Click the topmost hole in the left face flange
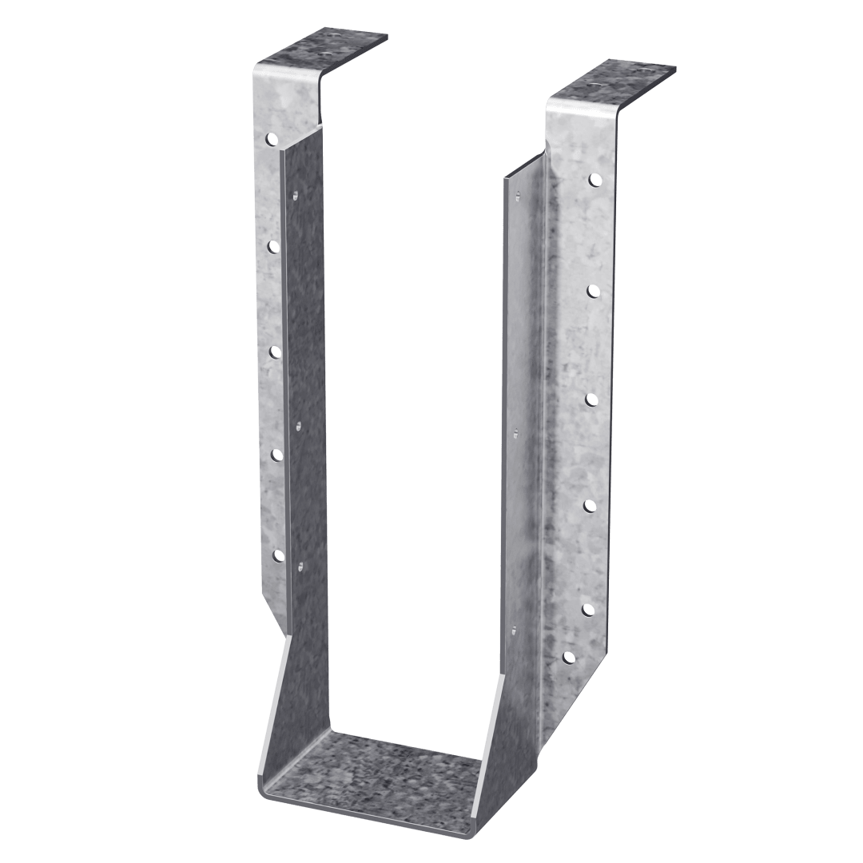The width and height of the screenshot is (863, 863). [272, 139]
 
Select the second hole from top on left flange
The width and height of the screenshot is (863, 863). [272, 246]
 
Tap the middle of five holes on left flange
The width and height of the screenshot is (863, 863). [274, 351]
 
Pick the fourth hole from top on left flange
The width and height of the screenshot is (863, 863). [276, 455]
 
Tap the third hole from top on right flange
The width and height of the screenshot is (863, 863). [593, 397]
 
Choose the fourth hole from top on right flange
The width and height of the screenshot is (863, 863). [591, 504]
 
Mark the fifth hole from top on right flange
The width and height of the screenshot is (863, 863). [589, 610]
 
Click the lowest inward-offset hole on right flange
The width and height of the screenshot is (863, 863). [569, 658]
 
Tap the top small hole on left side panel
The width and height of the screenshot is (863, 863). [295, 194]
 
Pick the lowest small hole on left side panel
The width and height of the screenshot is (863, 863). [300, 567]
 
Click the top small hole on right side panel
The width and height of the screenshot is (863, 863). [518, 194]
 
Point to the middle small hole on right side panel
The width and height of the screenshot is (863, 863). [516, 432]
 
